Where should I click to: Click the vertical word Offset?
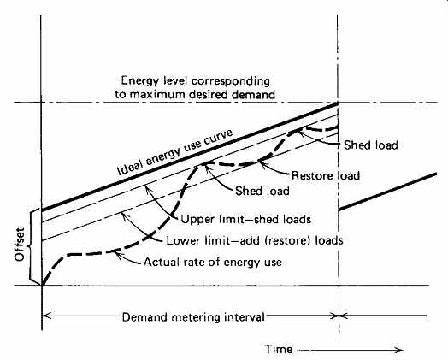(20, 245)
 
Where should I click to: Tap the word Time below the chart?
(278, 349)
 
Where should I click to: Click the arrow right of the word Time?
(350, 350)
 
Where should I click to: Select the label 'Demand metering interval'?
(193, 317)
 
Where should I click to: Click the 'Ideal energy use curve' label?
(175, 152)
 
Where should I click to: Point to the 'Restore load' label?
(326, 175)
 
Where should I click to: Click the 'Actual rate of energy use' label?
(213, 262)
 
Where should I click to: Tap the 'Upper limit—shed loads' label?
(246, 220)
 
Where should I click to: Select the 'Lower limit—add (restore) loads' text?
(255, 240)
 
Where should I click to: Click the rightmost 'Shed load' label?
(370, 145)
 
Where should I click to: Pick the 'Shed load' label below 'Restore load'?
(262, 191)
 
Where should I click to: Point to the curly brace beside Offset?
(33, 248)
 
